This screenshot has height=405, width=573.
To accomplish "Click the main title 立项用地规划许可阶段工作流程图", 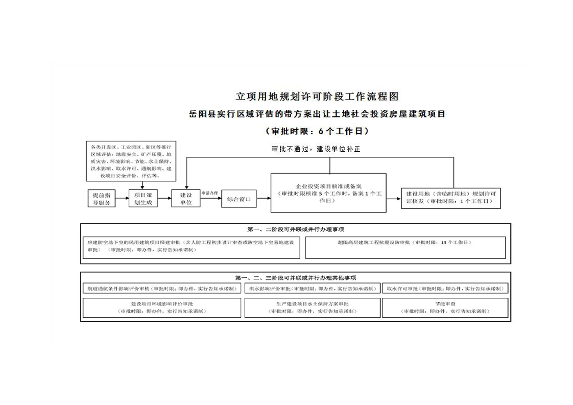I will coord(317,96).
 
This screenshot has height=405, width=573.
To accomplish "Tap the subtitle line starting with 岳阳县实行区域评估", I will coord(317,114).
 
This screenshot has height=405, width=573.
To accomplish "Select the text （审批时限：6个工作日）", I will coord(317,131).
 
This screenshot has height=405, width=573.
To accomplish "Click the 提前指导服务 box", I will coord(101,199).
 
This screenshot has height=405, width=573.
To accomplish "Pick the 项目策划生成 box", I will coord(142,199).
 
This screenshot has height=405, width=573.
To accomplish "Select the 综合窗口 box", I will coord(238,199).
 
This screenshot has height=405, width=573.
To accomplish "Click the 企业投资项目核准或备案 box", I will coord(328,193).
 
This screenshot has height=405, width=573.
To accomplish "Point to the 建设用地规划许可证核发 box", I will coord(451,198).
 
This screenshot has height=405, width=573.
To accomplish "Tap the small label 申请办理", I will coord(209,193).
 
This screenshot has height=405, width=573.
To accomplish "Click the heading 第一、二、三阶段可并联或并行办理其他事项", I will coord(295,278).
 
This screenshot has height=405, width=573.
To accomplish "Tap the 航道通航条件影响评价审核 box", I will coord(161,288).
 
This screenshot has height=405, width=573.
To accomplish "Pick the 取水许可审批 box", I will coord(445,288).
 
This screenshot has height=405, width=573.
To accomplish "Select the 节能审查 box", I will coord(445,307).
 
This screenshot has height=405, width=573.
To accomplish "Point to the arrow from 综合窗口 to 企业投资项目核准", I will coord(264,198).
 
